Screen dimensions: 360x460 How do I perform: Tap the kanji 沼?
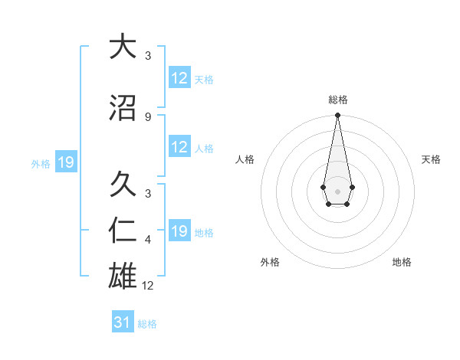click(123, 109)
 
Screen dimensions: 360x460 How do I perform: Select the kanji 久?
click(123, 184)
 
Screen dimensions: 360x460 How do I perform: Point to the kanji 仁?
click(123, 230)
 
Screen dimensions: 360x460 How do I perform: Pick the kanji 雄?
click(123, 273)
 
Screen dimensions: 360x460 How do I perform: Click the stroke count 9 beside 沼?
click(148, 116)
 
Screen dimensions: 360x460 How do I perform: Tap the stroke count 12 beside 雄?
click(149, 286)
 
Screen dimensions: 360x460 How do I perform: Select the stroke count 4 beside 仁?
click(148, 240)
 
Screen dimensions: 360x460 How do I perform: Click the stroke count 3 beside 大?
click(148, 55)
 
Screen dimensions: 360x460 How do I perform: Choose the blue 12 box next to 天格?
click(179, 78)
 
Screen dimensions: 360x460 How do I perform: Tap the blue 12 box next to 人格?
click(179, 148)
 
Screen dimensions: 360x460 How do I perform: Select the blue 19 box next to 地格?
click(179, 231)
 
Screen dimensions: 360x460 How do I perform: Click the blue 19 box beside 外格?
click(65, 162)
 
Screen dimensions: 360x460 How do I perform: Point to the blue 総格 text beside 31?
click(147, 324)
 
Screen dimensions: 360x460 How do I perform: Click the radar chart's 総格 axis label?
click(337, 100)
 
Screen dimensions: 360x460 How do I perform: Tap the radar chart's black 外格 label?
click(270, 262)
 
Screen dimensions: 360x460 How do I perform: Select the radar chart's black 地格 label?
click(402, 262)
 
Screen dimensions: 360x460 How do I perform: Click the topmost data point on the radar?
click(337, 116)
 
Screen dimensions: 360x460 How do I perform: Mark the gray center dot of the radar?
click(337, 190)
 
